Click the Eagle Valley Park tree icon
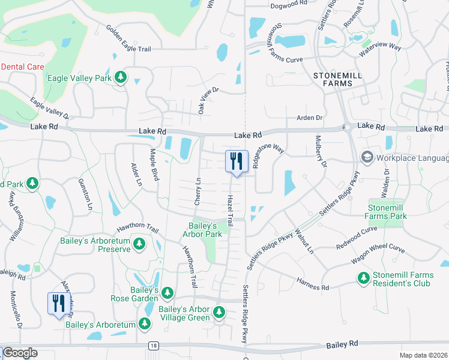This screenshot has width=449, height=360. [121, 77]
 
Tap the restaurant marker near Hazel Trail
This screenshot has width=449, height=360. [236, 162]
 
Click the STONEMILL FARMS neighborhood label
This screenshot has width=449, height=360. [332, 79]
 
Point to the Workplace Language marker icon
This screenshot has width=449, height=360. [366, 157]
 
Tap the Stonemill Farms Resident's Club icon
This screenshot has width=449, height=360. [363, 278]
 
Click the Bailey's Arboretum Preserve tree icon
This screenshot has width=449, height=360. [140, 244]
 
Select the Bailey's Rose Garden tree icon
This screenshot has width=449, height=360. [167, 293]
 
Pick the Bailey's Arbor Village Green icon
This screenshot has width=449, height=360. [218, 312]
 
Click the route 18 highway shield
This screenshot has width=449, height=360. [154, 346]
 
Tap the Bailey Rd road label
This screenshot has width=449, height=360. [342, 344]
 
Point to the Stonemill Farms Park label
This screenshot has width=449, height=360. [387, 212]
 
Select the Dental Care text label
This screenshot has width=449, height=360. [22, 67]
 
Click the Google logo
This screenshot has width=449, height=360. [19, 353]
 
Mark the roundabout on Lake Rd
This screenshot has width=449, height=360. [347, 127]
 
